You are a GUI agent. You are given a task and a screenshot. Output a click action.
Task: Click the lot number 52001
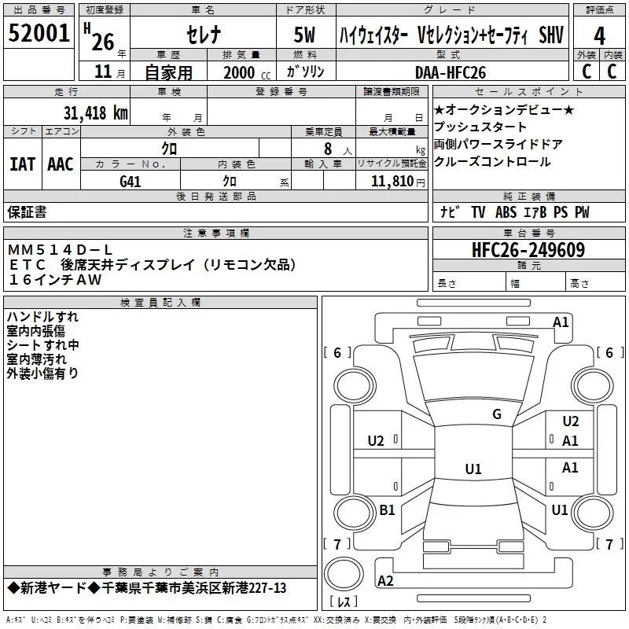point(39,35)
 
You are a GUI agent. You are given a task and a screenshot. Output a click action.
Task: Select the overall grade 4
point(599,36)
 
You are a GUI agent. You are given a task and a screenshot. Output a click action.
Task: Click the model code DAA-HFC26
point(451,72)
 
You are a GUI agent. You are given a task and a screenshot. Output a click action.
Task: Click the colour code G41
point(131,181)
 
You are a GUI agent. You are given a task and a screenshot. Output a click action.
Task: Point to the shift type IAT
point(23,164)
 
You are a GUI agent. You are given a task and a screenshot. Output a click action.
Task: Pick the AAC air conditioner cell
point(61,164)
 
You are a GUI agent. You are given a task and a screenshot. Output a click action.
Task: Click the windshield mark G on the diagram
point(496,414)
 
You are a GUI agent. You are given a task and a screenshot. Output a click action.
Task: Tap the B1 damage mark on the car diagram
point(387,510)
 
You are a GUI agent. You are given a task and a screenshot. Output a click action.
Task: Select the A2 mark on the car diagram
point(385,580)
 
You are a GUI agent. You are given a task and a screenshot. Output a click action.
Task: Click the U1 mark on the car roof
point(473,469)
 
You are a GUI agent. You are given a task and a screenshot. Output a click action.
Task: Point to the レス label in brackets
point(343,603)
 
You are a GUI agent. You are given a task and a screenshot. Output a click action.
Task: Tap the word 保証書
point(27,212)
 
